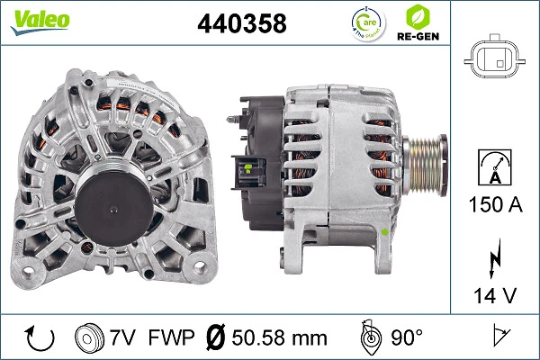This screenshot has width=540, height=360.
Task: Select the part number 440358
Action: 241,24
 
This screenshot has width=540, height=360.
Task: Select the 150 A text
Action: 493,204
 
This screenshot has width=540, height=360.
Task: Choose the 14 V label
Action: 493,293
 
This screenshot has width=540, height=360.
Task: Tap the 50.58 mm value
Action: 275,339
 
